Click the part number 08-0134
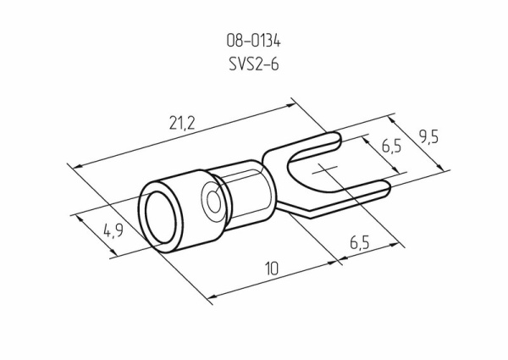pyautogui.click(x=254, y=39)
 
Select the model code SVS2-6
pyautogui.click(x=254, y=64)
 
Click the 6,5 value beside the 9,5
pyautogui.click(x=390, y=147)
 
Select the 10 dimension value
pyautogui.click(x=271, y=269)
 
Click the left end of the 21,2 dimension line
pyautogui.click(x=75, y=165)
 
